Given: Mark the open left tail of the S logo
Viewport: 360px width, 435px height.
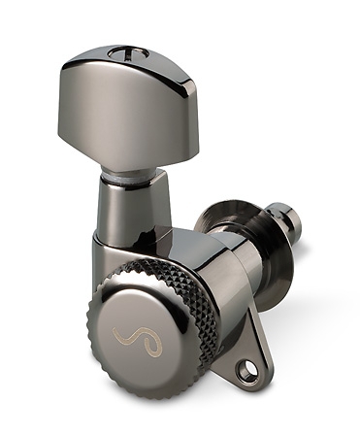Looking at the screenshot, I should click(x=117, y=342).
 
